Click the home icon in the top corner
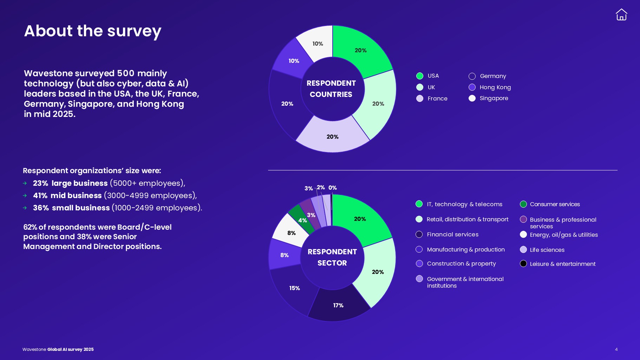click(x=621, y=15)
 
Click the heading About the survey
click(x=92, y=31)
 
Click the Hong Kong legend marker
click(x=472, y=87)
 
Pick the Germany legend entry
click(x=492, y=76)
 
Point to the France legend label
click(x=437, y=98)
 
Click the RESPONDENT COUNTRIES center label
click(x=331, y=89)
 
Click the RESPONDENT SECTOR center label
click(x=332, y=257)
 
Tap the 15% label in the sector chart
click(x=294, y=288)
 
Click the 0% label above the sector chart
click(x=332, y=188)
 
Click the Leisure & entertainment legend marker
click(x=523, y=263)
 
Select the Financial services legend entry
click(x=452, y=234)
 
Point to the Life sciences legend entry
click(x=547, y=250)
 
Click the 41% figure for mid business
click(x=40, y=195)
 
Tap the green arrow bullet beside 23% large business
click(x=25, y=183)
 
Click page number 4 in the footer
click(x=616, y=349)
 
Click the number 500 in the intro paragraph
click(x=125, y=73)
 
